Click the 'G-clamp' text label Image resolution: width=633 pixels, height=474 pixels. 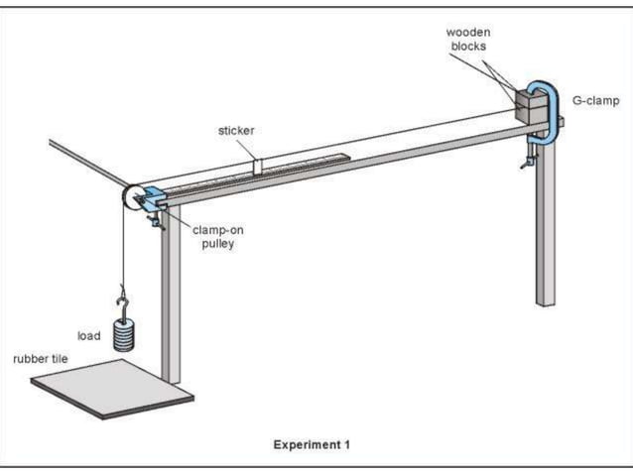[x=594, y=100]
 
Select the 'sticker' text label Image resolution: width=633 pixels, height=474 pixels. [x=235, y=130]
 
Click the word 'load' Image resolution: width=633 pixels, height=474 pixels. [x=89, y=336]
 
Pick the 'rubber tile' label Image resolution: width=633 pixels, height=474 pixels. [x=40, y=358]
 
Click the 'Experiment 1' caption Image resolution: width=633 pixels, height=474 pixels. [x=312, y=445]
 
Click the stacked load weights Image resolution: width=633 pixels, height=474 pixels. [x=123, y=333]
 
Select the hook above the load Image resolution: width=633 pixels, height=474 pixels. [x=122, y=296]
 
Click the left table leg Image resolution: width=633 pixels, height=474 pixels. [x=171, y=297]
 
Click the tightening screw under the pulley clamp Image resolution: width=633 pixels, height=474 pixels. [x=156, y=222]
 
